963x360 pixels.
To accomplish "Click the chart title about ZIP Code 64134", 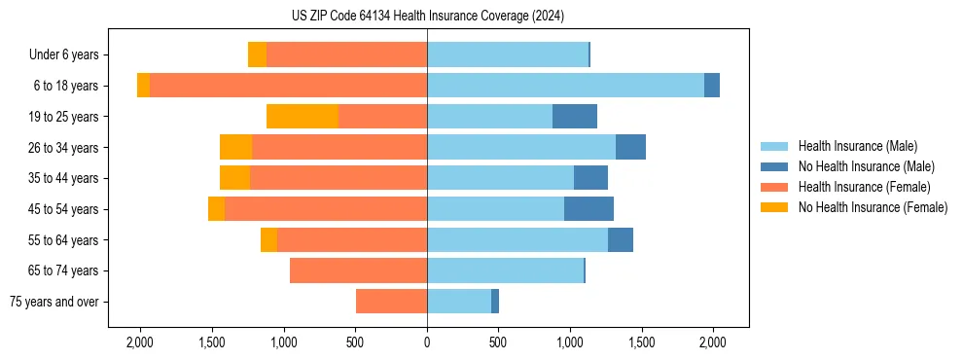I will pyautogui.click(x=427, y=17).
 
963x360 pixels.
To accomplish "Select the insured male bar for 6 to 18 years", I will pyautogui.click(x=565, y=86).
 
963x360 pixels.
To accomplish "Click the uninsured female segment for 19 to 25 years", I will pyautogui.click(x=302, y=117).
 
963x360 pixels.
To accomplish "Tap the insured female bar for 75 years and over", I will pyautogui.click(x=391, y=302).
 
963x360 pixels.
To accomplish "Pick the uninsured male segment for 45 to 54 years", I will pyautogui.click(x=588, y=209).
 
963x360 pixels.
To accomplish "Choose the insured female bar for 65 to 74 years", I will pyautogui.click(x=358, y=270).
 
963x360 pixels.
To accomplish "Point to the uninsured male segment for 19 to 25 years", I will pyautogui.click(x=575, y=117).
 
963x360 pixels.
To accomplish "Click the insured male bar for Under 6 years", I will pyautogui.click(x=508, y=54).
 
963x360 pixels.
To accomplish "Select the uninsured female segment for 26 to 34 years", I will pyautogui.click(x=235, y=147).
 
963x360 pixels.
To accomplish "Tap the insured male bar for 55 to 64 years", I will pyautogui.click(x=517, y=239).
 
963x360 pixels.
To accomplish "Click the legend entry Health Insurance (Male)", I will pyautogui.click(x=857, y=146).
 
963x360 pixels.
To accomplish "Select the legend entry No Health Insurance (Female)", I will pyautogui.click(x=873, y=207).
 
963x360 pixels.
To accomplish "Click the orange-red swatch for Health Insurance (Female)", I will pyautogui.click(x=774, y=187).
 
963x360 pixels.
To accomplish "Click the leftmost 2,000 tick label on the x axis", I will pyautogui.click(x=140, y=342).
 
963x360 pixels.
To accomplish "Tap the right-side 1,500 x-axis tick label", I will pyautogui.click(x=641, y=342).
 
